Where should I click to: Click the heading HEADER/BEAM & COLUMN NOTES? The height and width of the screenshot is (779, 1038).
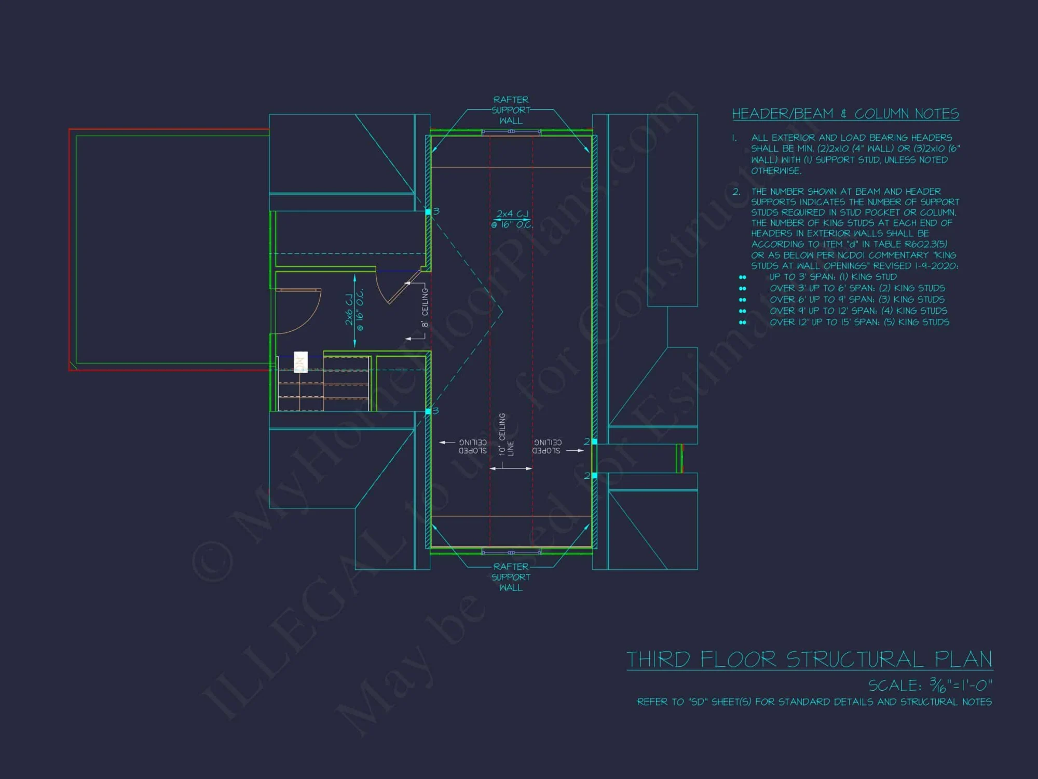[845, 114]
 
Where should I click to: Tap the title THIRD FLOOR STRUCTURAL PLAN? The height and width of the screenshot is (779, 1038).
[809, 660]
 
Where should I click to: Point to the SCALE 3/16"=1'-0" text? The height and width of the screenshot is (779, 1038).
[930, 686]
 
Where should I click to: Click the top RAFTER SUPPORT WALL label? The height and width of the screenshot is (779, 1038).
[511, 110]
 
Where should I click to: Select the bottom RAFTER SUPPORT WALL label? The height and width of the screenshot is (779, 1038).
[511, 577]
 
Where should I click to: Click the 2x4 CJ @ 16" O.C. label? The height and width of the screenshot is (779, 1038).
[512, 219]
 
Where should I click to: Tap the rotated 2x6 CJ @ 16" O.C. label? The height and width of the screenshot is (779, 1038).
[354, 310]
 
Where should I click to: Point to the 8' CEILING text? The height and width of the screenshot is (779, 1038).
[425, 308]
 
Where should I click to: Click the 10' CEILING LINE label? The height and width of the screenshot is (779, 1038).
[506, 435]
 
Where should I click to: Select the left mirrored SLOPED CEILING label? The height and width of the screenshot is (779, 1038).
[472, 447]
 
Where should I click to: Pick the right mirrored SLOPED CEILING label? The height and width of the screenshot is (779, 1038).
[547, 447]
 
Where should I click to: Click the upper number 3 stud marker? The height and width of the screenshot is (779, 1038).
[436, 211]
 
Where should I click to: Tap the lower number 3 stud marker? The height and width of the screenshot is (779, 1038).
[435, 411]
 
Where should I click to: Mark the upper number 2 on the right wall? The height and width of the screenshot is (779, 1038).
[587, 442]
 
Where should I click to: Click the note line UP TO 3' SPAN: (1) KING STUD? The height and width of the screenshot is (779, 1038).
[833, 277]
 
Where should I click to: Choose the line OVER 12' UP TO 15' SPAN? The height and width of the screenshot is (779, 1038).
[859, 322]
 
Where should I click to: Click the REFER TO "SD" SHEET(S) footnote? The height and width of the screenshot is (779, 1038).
[814, 702]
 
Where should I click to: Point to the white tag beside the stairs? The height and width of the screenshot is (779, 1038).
[301, 362]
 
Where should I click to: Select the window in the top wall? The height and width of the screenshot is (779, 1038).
[511, 132]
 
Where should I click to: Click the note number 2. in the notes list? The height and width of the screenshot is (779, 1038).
[736, 192]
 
